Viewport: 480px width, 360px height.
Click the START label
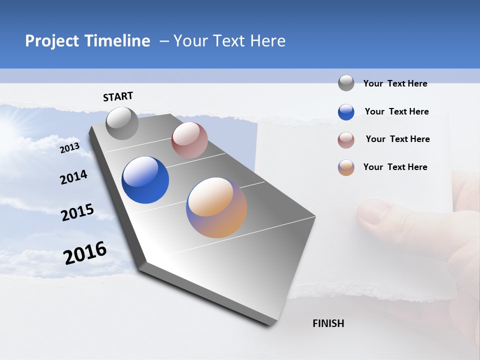(x=118, y=96)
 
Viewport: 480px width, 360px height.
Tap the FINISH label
(x=328, y=323)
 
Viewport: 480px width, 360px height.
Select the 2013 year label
(x=70, y=147)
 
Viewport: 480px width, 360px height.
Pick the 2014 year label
(x=73, y=177)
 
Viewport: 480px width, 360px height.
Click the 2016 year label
(x=85, y=252)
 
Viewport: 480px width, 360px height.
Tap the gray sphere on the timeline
(x=122, y=123)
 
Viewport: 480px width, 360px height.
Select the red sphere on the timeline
(x=189, y=140)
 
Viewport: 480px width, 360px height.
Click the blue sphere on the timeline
(x=145, y=180)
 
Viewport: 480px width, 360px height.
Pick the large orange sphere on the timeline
(x=216, y=207)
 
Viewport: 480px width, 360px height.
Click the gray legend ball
(x=346, y=83)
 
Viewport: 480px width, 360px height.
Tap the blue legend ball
(x=346, y=112)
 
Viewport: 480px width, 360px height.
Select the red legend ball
(x=346, y=140)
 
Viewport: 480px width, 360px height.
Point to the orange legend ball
(x=346, y=167)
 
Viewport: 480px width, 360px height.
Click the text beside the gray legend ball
(x=395, y=83)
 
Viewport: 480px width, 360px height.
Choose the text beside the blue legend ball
(x=396, y=111)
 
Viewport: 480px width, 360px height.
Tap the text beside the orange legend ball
(x=395, y=167)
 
